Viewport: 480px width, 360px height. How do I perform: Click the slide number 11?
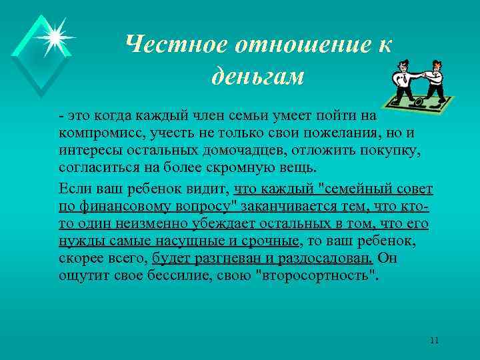point(434,341)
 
